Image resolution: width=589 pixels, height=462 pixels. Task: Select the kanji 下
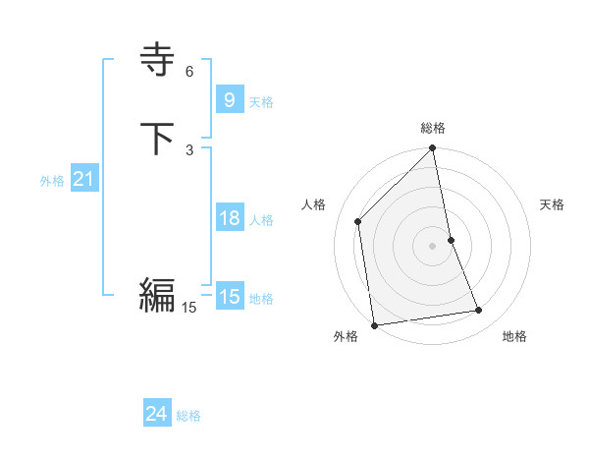(x=158, y=139)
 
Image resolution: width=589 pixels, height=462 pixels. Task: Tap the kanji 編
(x=157, y=294)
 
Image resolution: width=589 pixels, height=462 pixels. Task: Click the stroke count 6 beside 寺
(x=189, y=72)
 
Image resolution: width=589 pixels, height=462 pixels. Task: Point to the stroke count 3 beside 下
(x=189, y=149)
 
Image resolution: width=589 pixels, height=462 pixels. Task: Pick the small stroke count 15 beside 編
(x=188, y=308)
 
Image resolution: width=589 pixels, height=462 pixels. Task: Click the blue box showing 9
(x=229, y=100)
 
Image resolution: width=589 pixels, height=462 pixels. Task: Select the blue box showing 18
(x=229, y=218)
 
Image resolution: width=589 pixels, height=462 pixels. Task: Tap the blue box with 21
(x=83, y=179)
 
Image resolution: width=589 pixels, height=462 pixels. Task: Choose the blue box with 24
(x=156, y=414)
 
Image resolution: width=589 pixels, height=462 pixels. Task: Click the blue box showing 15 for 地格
(x=229, y=297)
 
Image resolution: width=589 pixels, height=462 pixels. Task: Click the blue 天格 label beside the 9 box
(x=261, y=102)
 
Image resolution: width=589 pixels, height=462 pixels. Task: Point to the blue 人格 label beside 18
(x=261, y=220)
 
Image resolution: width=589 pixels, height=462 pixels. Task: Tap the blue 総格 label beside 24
(x=188, y=416)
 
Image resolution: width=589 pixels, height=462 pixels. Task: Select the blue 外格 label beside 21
(x=52, y=181)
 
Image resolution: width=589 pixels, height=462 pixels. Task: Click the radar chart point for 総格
(x=433, y=149)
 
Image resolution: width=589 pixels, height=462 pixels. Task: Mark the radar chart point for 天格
(x=451, y=239)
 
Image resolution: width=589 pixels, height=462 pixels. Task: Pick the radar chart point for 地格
(x=479, y=311)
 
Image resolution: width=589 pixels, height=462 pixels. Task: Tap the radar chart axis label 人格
(x=314, y=204)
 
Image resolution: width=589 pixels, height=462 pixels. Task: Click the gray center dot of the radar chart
(x=432, y=245)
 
